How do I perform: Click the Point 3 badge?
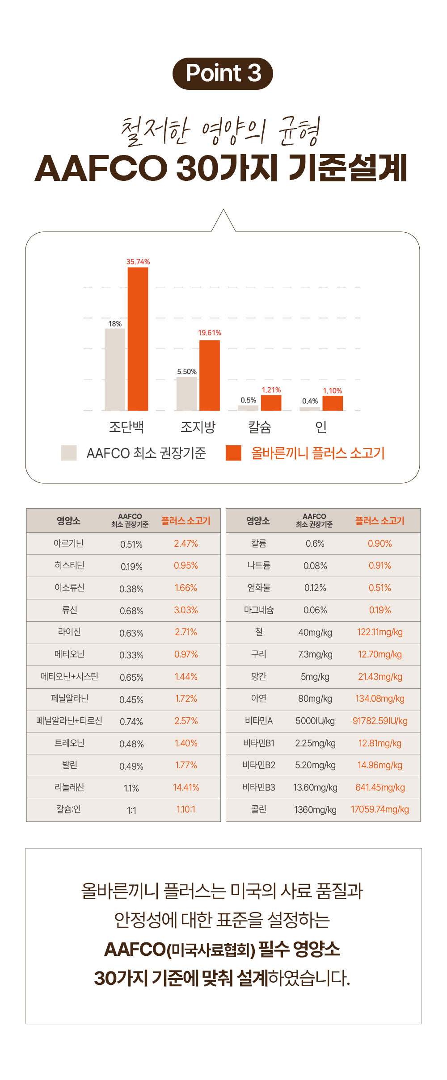coord(223,73)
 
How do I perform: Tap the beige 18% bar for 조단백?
coord(115,369)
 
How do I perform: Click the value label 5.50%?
coord(186,372)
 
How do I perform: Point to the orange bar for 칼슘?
coord(271,403)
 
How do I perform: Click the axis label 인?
coord(320,427)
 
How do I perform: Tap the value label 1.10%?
coord(333,391)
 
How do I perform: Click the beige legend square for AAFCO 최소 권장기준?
coord(69,453)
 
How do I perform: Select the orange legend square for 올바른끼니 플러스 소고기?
coord(233,453)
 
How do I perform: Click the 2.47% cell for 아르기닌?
coord(186,544)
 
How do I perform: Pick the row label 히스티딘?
coord(69,565)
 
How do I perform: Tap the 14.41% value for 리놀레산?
coord(186,787)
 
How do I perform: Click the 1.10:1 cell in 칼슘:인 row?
coord(186,809)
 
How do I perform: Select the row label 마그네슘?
coord(259,610)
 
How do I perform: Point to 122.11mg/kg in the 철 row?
coord(380,632)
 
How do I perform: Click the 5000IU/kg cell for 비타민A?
coord(315,721)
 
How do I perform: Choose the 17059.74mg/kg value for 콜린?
coord(380,809)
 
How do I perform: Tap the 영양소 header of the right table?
coord(258,521)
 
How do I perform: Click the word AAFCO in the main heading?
coord(101,168)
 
